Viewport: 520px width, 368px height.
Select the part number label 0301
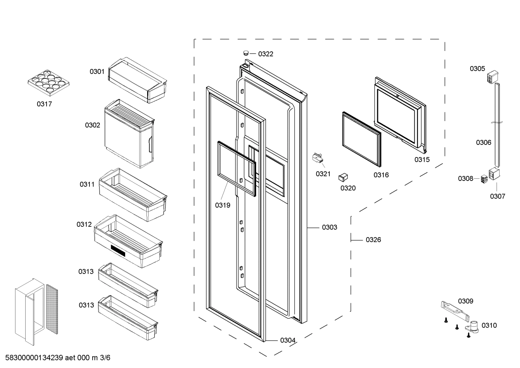(x=97, y=72)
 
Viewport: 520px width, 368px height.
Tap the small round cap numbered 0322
(x=246, y=53)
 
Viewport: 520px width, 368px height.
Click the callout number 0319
(x=222, y=205)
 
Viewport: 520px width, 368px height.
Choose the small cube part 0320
(x=343, y=177)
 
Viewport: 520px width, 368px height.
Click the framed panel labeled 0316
(x=361, y=139)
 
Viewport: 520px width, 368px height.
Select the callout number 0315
(x=422, y=160)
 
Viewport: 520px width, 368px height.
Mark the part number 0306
(x=483, y=142)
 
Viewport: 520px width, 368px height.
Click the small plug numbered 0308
(x=484, y=179)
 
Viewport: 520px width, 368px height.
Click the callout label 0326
(x=373, y=239)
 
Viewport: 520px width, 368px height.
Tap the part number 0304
(x=288, y=340)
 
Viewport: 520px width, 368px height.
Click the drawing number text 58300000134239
(x=34, y=358)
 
